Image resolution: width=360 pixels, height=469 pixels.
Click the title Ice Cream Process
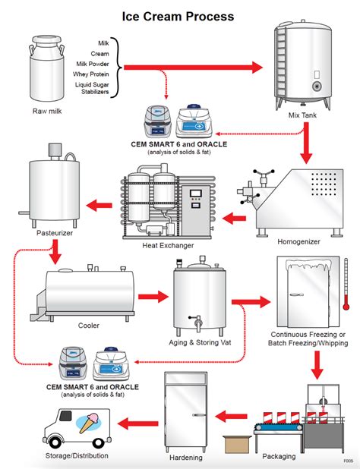click(179, 15)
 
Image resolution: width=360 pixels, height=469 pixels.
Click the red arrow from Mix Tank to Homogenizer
click(306, 144)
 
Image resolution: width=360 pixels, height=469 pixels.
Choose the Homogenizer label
click(299, 242)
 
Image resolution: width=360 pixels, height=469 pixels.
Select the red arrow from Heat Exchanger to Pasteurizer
click(99, 203)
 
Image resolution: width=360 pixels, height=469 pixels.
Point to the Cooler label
click(88, 326)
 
